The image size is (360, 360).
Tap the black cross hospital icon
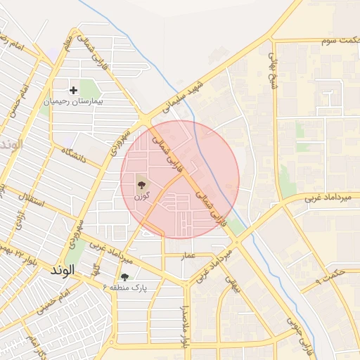(73, 90)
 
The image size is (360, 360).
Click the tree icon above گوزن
(143, 185)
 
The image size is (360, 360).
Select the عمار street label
(187, 254)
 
